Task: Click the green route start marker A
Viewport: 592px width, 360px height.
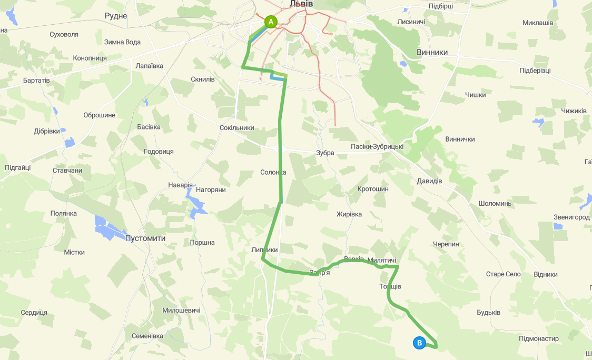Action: (x=270, y=22)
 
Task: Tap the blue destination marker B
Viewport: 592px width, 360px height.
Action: (x=419, y=343)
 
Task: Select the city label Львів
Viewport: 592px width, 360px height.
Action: (x=301, y=4)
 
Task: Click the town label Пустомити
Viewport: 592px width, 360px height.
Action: (x=145, y=238)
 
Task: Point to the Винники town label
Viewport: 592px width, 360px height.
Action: (x=432, y=53)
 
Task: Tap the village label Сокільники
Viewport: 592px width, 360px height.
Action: (x=237, y=128)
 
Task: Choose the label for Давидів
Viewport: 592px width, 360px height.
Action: (x=429, y=181)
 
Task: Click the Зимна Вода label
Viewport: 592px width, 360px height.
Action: (x=123, y=42)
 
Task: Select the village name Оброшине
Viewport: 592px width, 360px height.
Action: (x=99, y=115)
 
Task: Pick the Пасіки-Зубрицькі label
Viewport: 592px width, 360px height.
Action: (x=377, y=147)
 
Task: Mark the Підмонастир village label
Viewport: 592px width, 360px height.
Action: (x=538, y=338)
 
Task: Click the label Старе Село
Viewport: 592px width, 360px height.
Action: (x=503, y=274)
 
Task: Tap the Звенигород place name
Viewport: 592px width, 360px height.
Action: (x=571, y=217)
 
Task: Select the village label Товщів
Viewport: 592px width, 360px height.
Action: (x=390, y=286)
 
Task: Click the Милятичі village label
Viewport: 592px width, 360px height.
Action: (x=381, y=261)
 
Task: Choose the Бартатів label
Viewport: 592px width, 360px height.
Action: (x=36, y=81)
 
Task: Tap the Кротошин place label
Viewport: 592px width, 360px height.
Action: (x=373, y=189)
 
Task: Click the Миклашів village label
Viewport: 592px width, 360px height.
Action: (x=538, y=23)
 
